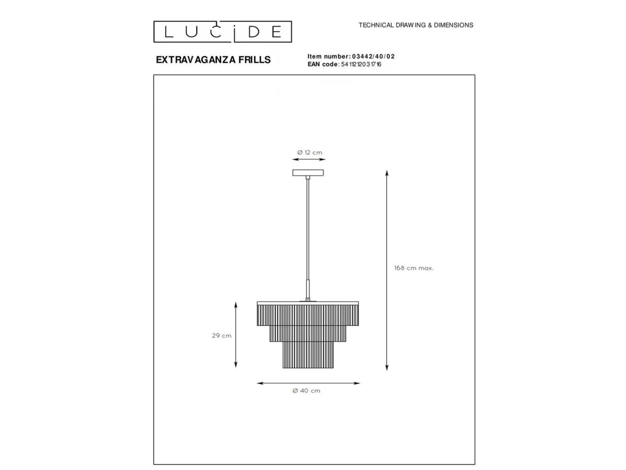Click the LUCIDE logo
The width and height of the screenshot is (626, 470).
tap(222, 31)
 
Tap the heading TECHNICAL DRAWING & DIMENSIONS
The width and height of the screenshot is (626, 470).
tap(416, 25)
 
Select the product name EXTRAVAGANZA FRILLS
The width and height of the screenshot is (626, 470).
tap(213, 60)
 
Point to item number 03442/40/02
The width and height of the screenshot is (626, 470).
tap(374, 56)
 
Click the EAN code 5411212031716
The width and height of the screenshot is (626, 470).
tap(361, 64)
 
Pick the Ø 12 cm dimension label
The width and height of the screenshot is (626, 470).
tap(309, 152)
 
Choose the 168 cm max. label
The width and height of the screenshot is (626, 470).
tap(414, 268)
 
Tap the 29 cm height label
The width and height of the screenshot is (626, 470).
tap(222, 336)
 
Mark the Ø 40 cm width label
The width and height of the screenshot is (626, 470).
tap(306, 391)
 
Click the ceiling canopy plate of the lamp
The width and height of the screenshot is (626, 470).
tap(308, 173)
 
